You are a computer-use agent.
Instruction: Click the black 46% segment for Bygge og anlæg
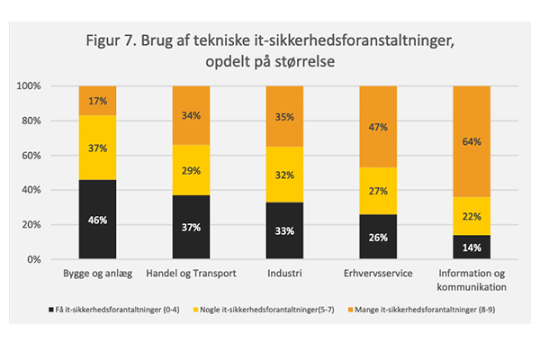97,219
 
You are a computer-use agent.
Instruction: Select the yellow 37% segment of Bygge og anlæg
97,148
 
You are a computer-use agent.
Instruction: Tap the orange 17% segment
97,100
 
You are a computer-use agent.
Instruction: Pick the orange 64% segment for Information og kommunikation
471,141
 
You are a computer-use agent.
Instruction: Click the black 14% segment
471,247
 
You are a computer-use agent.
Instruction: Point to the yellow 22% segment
471,216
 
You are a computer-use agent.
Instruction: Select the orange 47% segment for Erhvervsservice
378,126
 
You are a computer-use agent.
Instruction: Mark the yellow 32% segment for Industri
284,175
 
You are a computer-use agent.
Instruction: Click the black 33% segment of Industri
284,230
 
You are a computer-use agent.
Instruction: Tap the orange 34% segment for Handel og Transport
191,115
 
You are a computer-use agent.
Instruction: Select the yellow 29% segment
191,170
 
